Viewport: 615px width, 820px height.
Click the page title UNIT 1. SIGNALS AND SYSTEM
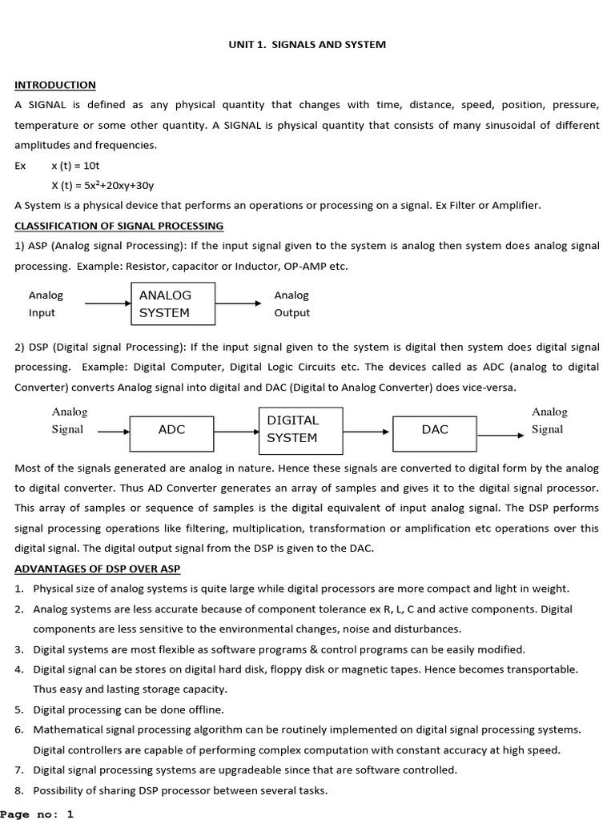click(307, 44)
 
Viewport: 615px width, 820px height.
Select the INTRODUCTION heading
click(55, 85)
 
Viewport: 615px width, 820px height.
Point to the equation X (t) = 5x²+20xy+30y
click(102, 185)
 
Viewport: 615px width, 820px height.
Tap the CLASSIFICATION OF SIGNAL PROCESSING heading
click(119, 226)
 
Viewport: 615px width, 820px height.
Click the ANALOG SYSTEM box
click(173, 304)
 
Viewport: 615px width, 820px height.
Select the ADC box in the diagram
click(171, 430)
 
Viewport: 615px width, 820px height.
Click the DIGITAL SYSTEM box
click(299, 429)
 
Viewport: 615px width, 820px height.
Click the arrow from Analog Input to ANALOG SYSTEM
click(107, 304)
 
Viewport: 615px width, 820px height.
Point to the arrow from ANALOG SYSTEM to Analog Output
click(239, 304)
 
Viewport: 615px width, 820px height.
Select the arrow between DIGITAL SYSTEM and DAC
click(366, 431)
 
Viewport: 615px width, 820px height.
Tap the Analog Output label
click(291, 304)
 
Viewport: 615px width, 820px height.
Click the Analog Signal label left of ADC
click(69, 420)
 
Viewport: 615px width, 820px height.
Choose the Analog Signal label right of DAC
click(549, 420)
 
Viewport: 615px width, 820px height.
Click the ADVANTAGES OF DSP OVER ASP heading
click(98, 569)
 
